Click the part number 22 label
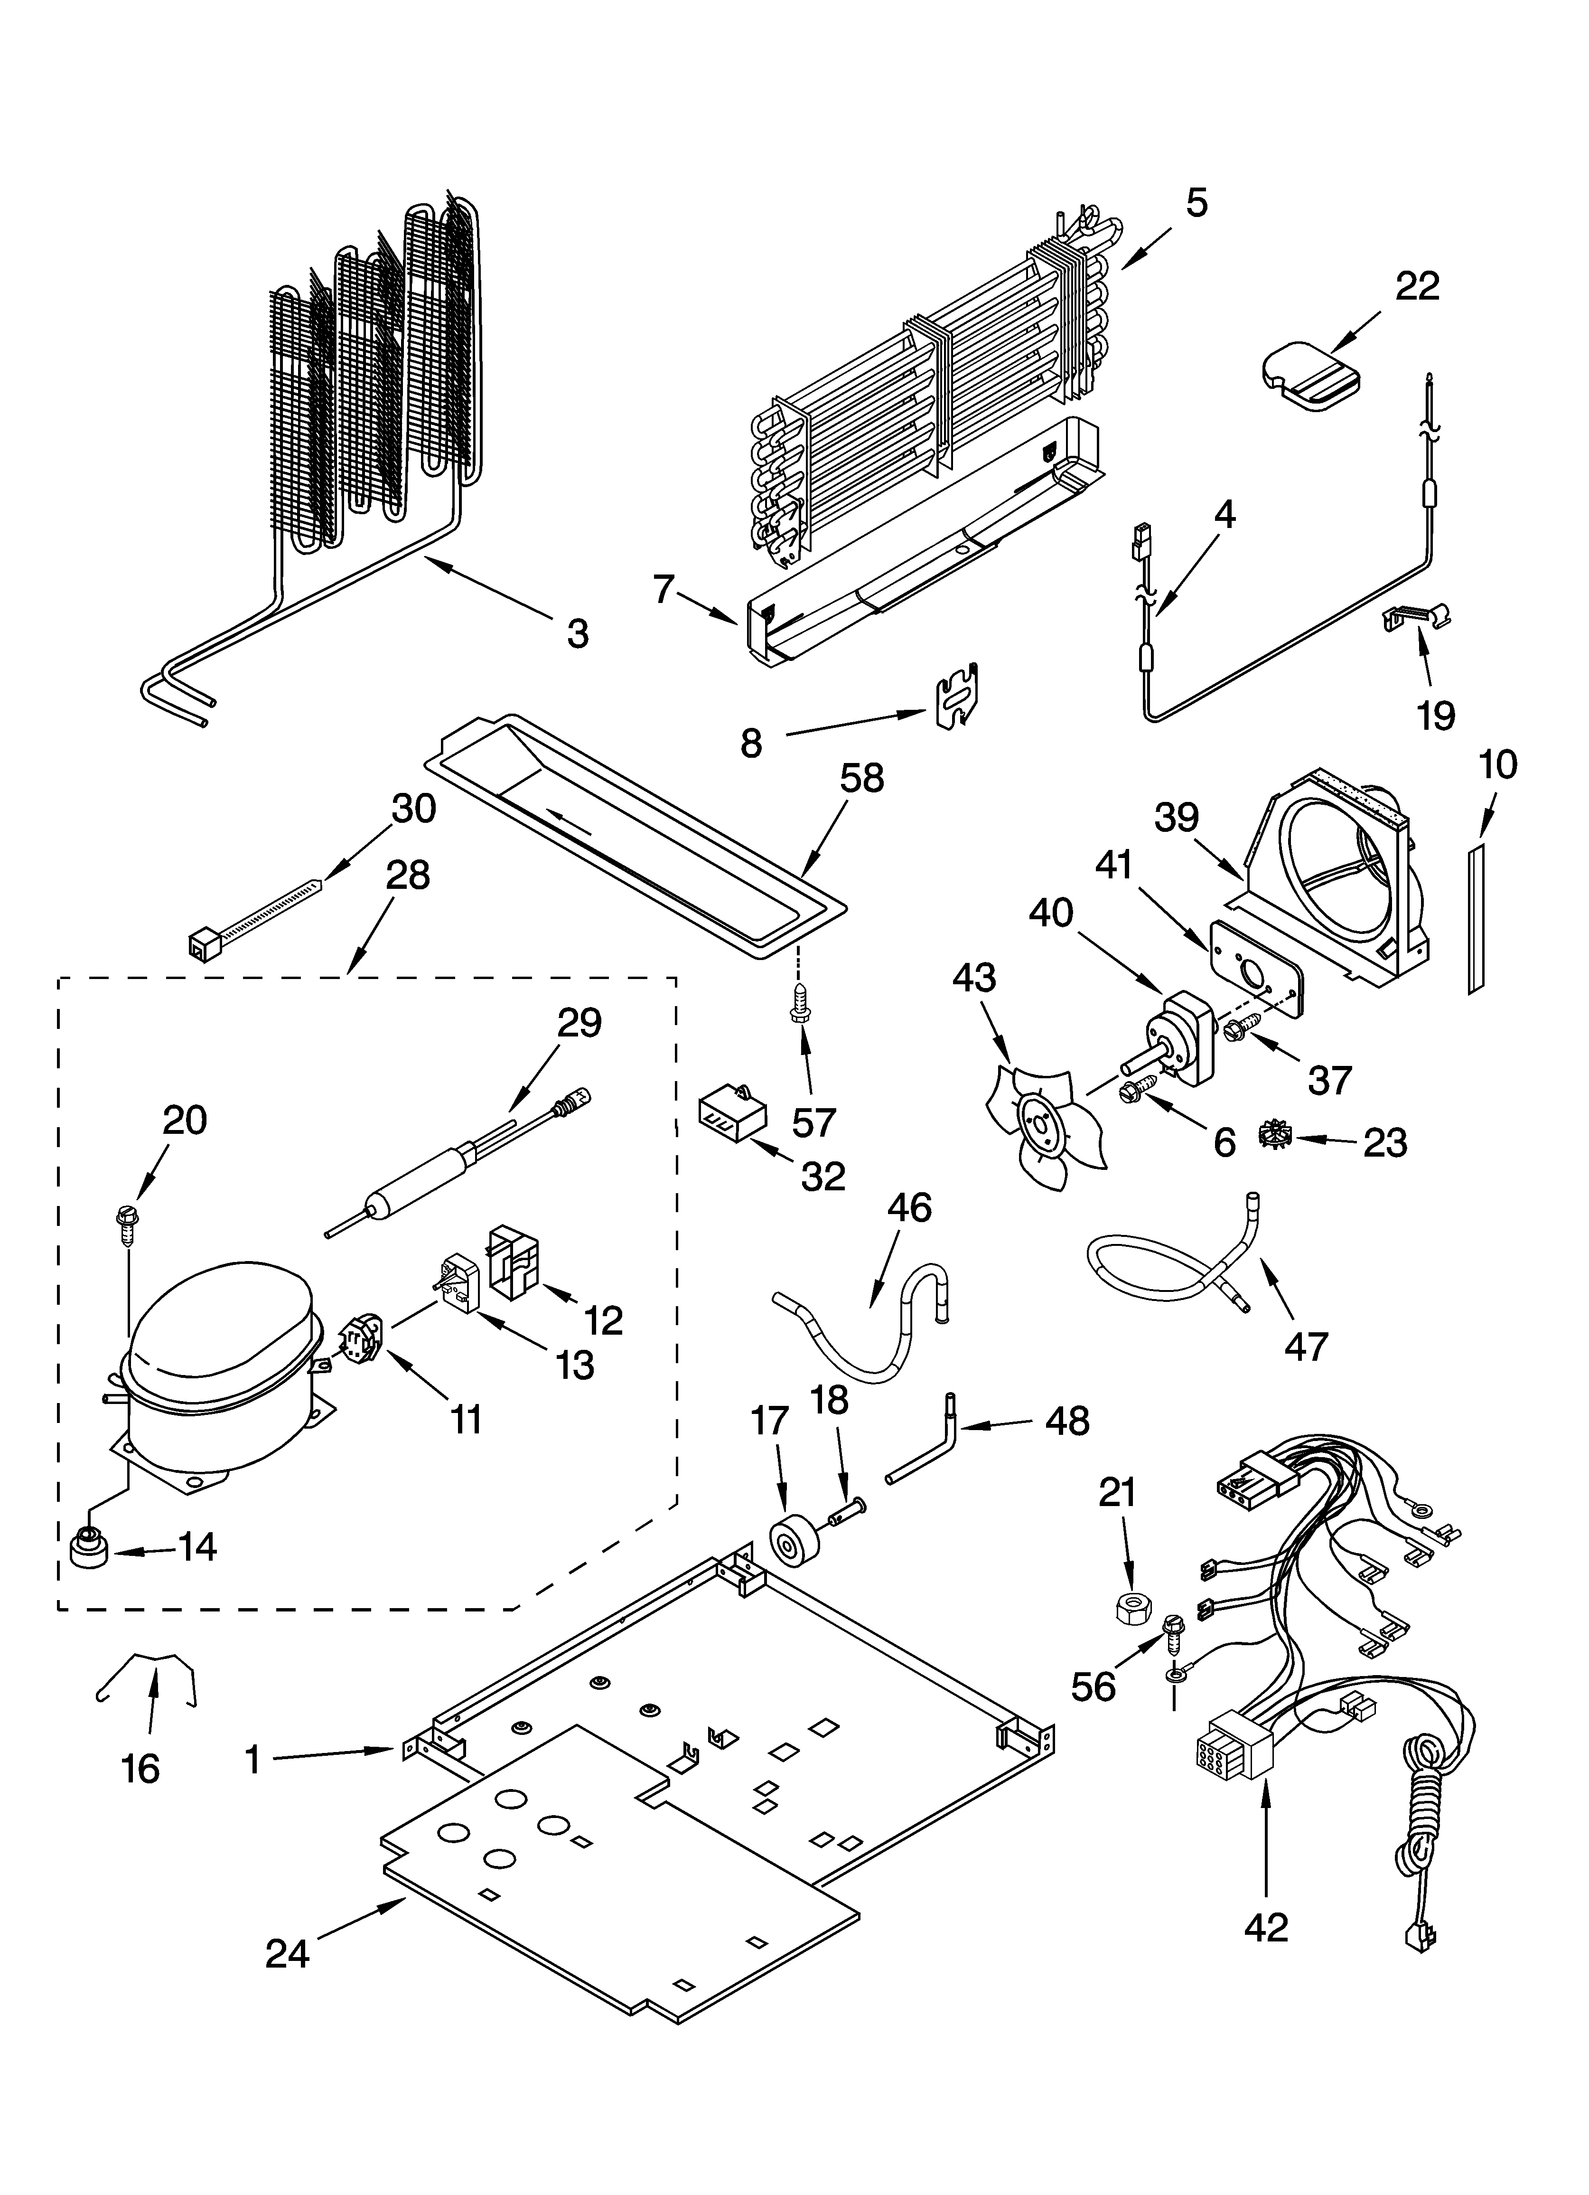pyautogui.click(x=1417, y=286)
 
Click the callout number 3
pyautogui.click(x=578, y=635)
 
